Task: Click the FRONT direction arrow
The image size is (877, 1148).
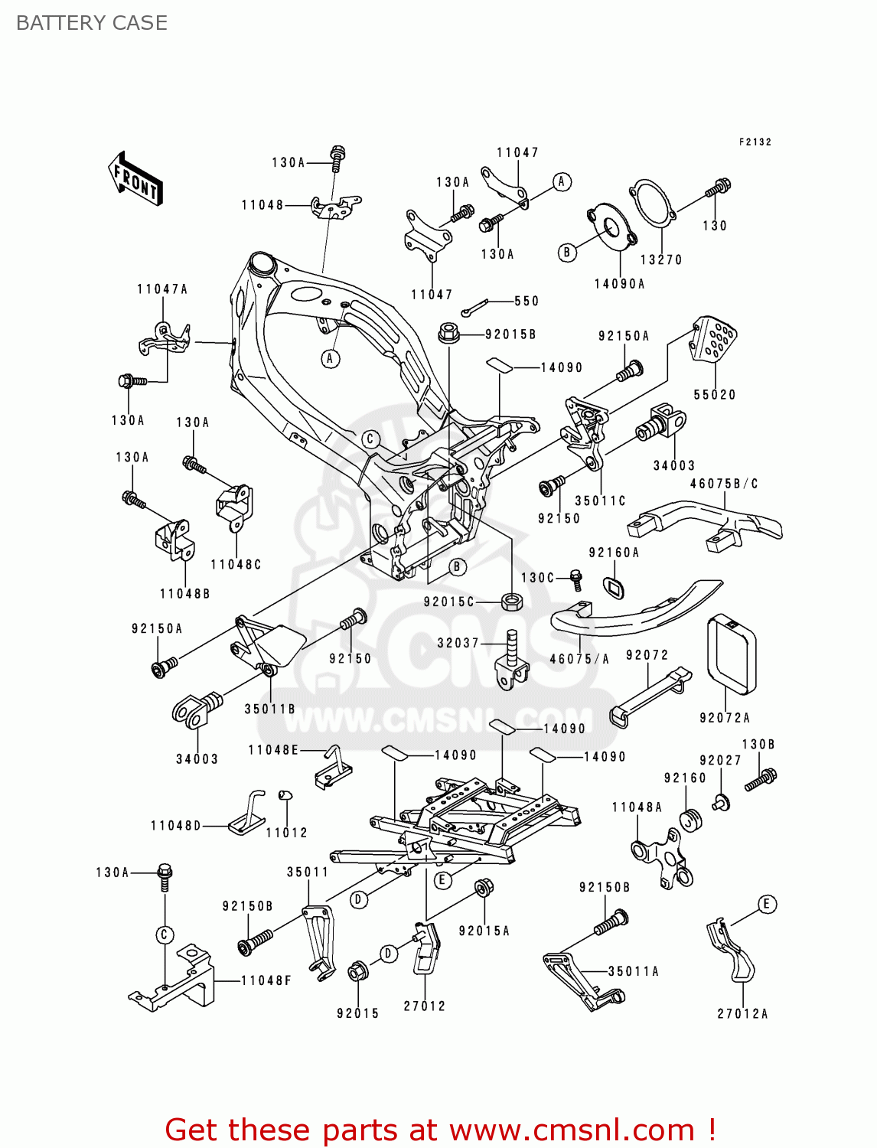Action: pos(136,179)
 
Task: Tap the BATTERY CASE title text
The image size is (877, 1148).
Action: pos(92,23)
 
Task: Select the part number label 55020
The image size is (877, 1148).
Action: pos(714,395)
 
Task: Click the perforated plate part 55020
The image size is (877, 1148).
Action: pos(713,339)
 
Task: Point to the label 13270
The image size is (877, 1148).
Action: pos(660,260)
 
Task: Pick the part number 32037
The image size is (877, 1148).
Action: pos(458,643)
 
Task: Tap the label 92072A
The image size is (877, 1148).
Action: pos(724,718)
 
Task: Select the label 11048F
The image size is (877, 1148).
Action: pos(266,980)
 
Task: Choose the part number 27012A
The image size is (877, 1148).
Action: pos(742,1013)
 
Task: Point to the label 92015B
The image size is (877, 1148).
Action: pos(510,334)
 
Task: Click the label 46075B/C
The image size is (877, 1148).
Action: pos(724,484)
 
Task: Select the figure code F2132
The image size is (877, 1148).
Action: pos(755,142)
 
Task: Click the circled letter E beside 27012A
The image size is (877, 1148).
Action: pos(766,904)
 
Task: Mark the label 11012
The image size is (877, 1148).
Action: pos(286,833)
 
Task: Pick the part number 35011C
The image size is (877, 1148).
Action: pos(600,501)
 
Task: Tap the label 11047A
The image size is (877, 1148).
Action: pos(162,289)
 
